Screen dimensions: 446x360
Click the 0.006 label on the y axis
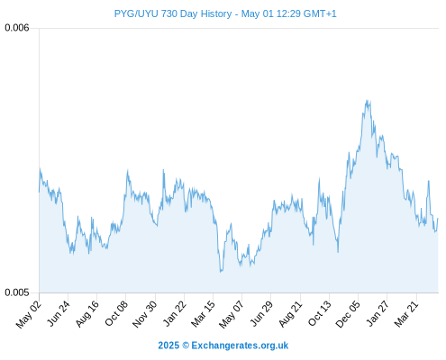coord(17,28)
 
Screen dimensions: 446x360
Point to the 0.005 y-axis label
coord(17,292)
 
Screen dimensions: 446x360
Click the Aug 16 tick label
coord(87,314)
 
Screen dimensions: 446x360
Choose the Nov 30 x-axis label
coord(144,314)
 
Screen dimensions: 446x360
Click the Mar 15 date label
coord(203,314)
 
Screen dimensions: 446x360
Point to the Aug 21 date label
coord(290,314)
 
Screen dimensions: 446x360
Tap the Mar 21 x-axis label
coord(406,314)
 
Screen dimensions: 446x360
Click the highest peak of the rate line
coord(367,100)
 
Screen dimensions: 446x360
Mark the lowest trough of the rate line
coord(221,272)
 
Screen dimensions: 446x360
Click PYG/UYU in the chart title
coord(136,13)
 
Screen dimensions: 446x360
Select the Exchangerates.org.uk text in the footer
coord(240,346)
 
